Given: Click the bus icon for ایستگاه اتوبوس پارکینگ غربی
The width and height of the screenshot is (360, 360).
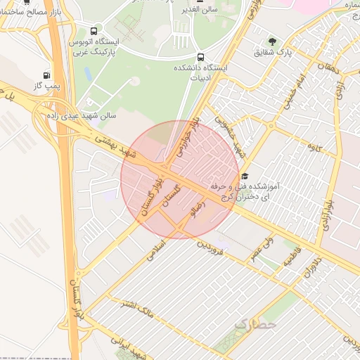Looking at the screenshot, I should (x=94, y=32).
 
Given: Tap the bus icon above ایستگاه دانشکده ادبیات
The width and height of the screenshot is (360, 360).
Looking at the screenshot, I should (x=202, y=57).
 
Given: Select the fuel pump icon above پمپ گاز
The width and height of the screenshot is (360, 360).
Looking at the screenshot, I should (x=46, y=75).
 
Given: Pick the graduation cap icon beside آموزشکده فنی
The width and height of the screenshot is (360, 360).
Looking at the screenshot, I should (x=245, y=176).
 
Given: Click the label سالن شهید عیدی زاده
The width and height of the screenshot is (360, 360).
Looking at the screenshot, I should (x=77, y=115).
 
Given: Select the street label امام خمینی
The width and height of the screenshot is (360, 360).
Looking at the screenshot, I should (x=295, y=91).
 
